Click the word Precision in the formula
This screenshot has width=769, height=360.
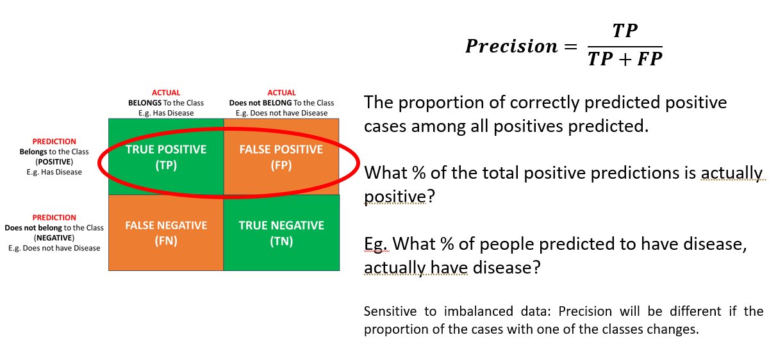click(x=511, y=46)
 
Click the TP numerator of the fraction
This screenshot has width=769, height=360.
click(x=625, y=31)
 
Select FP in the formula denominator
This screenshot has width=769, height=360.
click(x=650, y=59)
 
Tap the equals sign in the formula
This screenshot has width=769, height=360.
click(x=570, y=46)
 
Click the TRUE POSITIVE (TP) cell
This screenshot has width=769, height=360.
click(x=166, y=157)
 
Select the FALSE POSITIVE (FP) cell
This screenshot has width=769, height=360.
click(x=281, y=157)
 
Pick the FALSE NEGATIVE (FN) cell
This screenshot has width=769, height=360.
click(x=166, y=233)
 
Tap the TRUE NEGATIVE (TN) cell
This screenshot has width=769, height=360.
click(x=281, y=233)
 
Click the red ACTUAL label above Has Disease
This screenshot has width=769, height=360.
click(x=166, y=93)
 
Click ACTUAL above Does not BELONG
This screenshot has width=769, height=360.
click(x=281, y=93)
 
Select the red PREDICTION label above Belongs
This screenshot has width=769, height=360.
click(x=54, y=142)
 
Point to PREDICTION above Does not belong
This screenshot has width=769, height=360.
click(x=54, y=218)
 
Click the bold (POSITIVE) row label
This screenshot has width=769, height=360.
click(x=54, y=161)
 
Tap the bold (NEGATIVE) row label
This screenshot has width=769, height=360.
click(x=54, y=238)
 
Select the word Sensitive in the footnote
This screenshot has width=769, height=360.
click(x=390, y=311)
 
